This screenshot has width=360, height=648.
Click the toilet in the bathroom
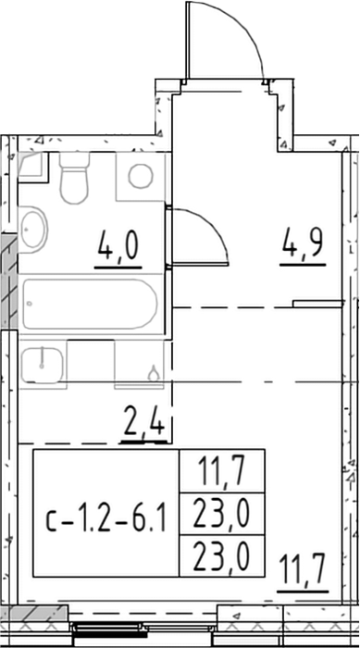coord(74,178)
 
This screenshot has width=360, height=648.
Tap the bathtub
coord(90,305)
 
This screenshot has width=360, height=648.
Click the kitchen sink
coord(43,365)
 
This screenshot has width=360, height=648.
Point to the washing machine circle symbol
coord(141,176)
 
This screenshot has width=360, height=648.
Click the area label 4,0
coord(118,247)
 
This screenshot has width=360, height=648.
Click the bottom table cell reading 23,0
coord(222,555)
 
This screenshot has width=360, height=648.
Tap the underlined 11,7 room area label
coord(303,570)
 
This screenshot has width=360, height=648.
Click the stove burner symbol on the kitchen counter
coord(154,374)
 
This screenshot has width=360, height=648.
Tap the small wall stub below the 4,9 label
coord(317,305)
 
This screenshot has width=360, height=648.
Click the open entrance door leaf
coord(188,40)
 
